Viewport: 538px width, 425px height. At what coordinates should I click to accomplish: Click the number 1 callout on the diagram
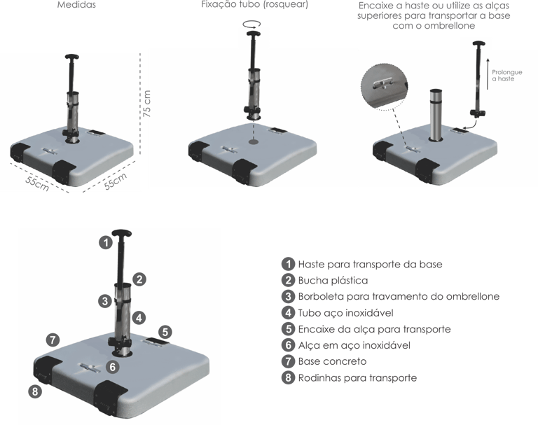click(104, 243)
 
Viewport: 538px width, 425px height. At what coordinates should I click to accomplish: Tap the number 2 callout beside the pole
click(140, 279)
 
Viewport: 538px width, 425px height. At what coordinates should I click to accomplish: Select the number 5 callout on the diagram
click(165, 331)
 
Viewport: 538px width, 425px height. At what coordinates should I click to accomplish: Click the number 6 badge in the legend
click(288, 346)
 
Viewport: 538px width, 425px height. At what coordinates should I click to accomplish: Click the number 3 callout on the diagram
click(104, 301)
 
